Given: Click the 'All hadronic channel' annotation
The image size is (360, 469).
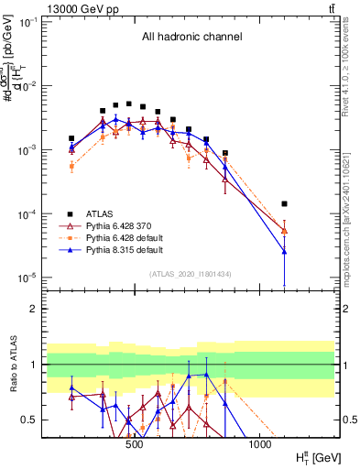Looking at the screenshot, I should click(x=191, y=38).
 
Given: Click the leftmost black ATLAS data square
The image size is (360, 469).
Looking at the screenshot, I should click(x=71, y=138).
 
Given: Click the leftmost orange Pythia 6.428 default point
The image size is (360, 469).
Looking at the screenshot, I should click(x=71, y=166).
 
